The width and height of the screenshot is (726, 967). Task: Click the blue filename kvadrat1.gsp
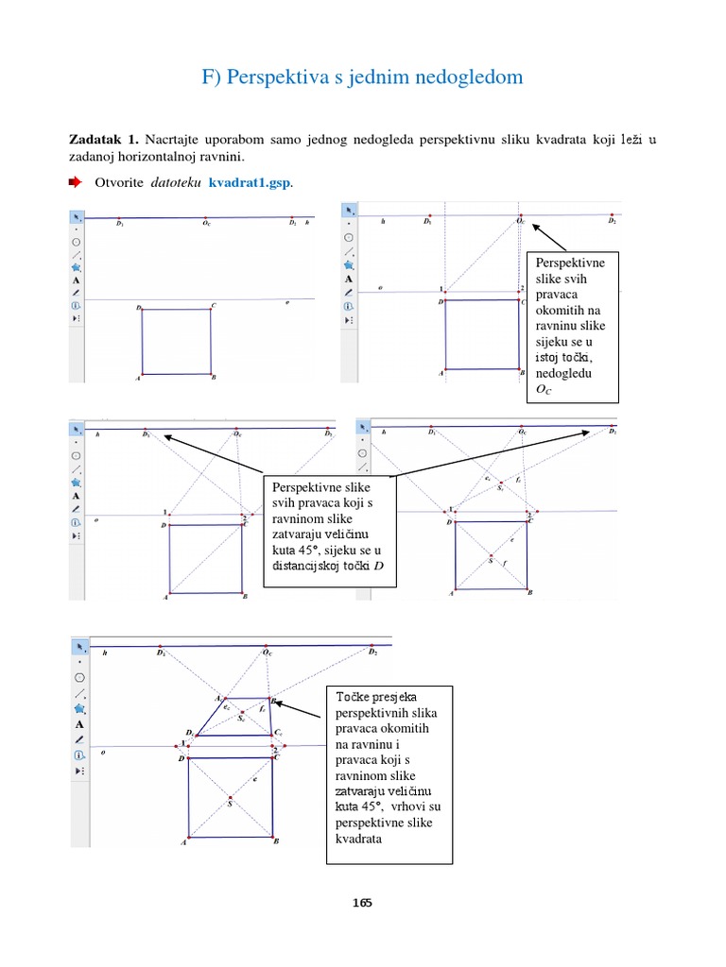(251, 181)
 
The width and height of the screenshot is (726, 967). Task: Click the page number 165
(363, 903)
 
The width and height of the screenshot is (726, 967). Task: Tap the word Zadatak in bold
(96, 140)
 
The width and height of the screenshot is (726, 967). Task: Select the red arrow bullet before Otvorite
(76, 181)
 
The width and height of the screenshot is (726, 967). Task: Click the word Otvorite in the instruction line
(121, 181)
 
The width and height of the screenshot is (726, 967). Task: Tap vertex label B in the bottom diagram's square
(276, 840)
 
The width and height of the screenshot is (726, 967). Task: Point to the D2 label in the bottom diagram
(372, 653)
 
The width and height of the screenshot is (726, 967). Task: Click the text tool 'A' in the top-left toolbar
(76, 280)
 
